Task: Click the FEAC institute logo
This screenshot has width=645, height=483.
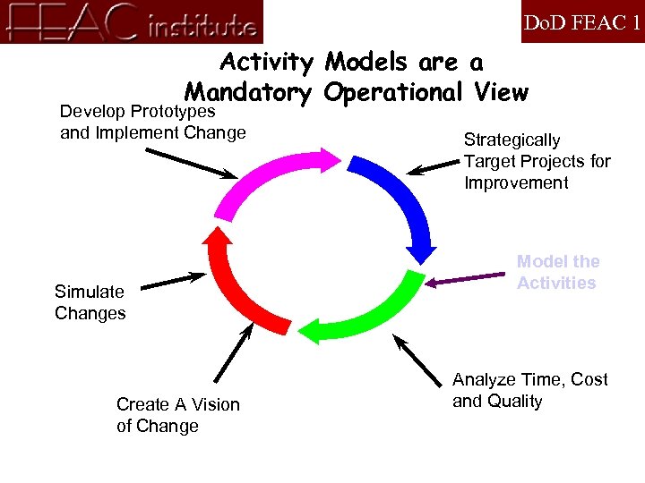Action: click(132, 21)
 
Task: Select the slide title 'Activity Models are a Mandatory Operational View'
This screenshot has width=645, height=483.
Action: click(356, 77)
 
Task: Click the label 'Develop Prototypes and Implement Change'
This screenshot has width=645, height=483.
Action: click(152, 123)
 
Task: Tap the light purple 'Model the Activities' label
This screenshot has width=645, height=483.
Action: click(557, 272)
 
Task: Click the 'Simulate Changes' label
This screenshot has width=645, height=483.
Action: click(90, 302)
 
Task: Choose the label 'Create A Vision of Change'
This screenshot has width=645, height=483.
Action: click(177, 415)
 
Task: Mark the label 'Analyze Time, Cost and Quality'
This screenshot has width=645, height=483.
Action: click(529, 390)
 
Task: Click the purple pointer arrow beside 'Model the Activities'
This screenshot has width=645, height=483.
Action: click(466, 279)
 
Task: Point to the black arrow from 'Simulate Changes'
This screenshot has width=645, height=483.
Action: click(173, 281)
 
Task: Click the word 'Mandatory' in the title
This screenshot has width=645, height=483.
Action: click(248, 92)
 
